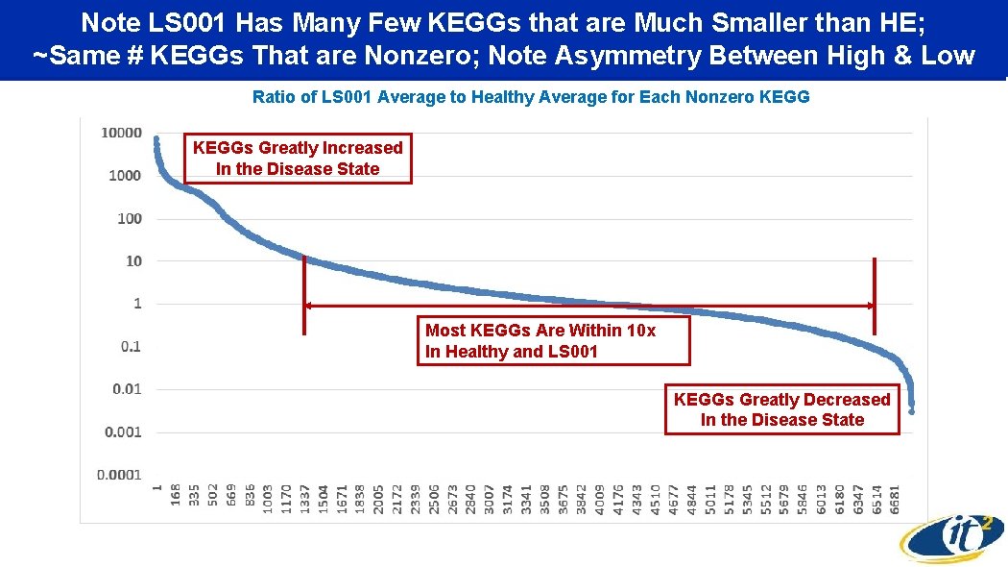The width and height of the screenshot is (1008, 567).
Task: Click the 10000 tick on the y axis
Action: [121, 133]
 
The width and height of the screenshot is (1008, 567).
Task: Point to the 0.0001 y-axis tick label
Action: [121, 475]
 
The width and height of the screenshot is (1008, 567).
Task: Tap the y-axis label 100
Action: [129, 218]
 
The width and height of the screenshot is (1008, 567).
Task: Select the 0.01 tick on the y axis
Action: [127, 389]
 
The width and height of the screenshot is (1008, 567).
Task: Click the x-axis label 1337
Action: [305, 499]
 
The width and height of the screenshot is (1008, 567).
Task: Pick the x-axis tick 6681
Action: [896, 499]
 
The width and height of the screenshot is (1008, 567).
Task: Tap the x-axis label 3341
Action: [526, 499]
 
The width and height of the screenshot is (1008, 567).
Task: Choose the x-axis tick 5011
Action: [710, 499]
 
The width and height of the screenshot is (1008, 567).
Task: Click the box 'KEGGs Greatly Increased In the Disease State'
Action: [298, 159]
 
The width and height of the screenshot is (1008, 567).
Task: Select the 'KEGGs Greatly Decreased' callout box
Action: [781, 409]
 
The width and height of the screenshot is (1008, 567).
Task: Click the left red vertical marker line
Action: [304, 295]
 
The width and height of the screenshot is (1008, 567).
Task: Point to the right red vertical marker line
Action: [875, 295]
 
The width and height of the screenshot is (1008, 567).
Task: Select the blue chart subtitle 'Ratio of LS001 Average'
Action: [530, 97]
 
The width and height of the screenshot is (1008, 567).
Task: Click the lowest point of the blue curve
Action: [911, 410]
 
